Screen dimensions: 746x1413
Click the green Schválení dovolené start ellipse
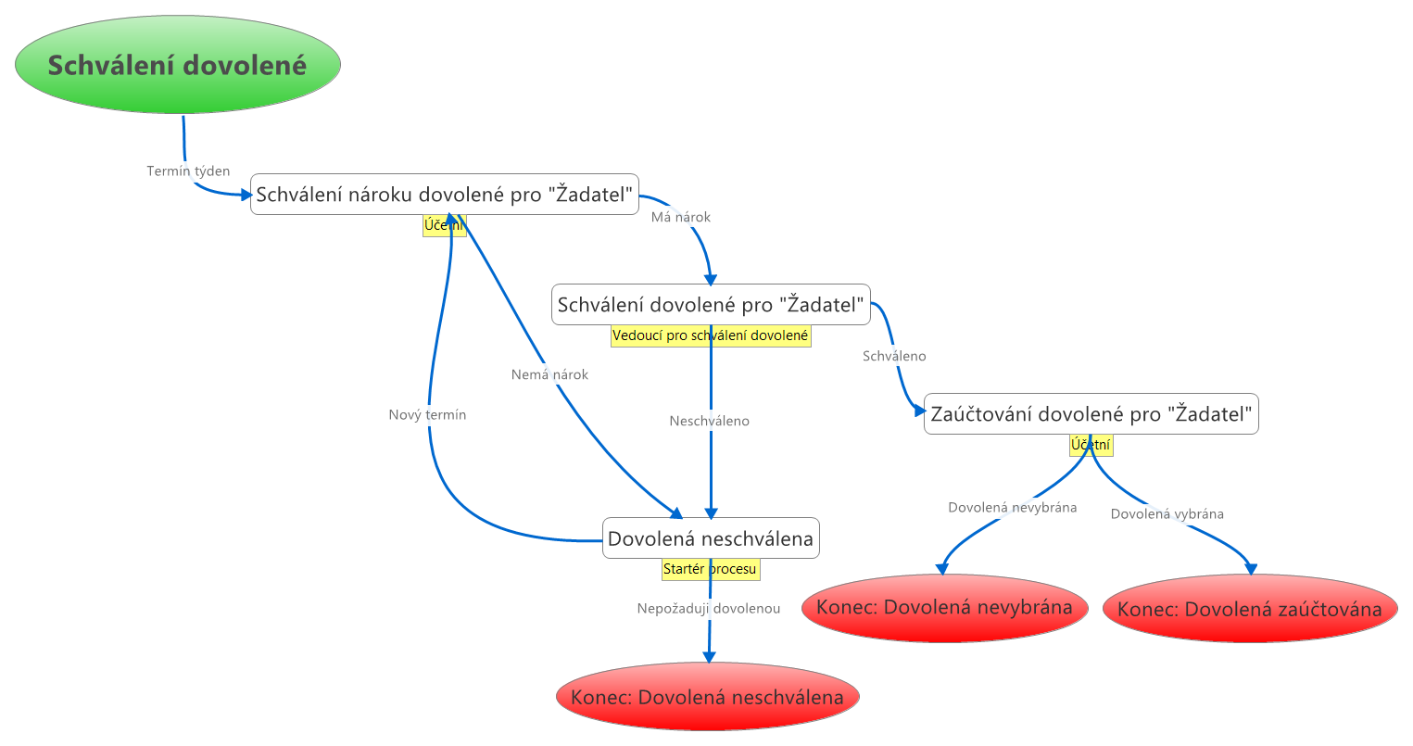click(178, 65)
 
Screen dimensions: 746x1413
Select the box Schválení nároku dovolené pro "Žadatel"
click(445, 194)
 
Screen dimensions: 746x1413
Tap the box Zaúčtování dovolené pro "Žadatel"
click(1091, 413)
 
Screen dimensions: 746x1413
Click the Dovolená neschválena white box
click(711, 538)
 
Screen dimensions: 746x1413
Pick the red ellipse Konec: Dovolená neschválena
click(708, 697)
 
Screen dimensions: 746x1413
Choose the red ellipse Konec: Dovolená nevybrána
click(944, 608)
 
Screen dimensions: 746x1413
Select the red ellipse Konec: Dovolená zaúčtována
click(1249, 609)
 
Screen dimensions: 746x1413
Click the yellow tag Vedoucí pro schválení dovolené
click(711, 335)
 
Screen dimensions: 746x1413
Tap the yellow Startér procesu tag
click(711, 569)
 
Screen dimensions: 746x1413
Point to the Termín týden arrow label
click(188, 171)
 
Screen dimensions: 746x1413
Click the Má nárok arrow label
click(680, 217)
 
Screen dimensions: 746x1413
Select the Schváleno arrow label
click(894, 356)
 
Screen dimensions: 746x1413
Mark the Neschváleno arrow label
click(710, 421)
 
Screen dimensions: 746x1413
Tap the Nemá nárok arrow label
click(549, 374)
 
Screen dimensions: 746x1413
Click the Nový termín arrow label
click(427, 415)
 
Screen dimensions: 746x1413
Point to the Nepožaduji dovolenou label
click(709, 609)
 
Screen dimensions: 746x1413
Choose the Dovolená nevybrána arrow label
click(1012, 508)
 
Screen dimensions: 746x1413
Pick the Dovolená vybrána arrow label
click(1167, 514)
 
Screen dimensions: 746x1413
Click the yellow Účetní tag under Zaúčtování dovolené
click(1091, 445)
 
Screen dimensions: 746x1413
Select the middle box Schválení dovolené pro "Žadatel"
click(711, 304)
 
